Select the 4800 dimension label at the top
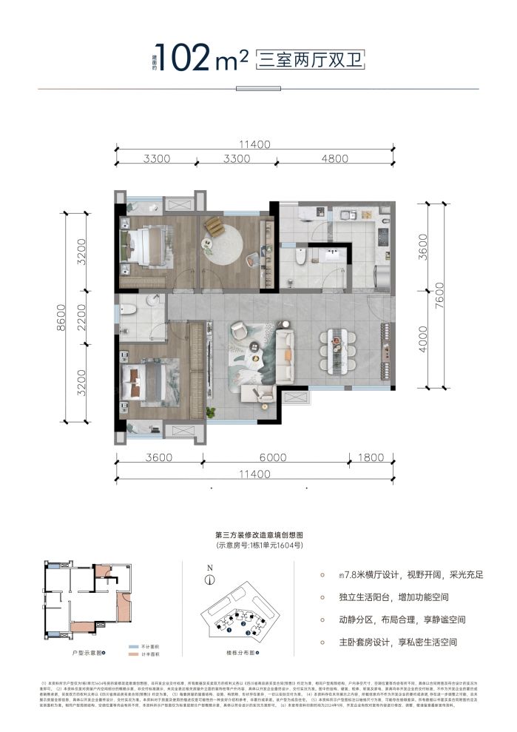(x=334, y=158)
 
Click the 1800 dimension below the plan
(x=373, y=458)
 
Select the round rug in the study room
(x=230, y=245)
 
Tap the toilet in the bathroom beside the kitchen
(x=300, y=258)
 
